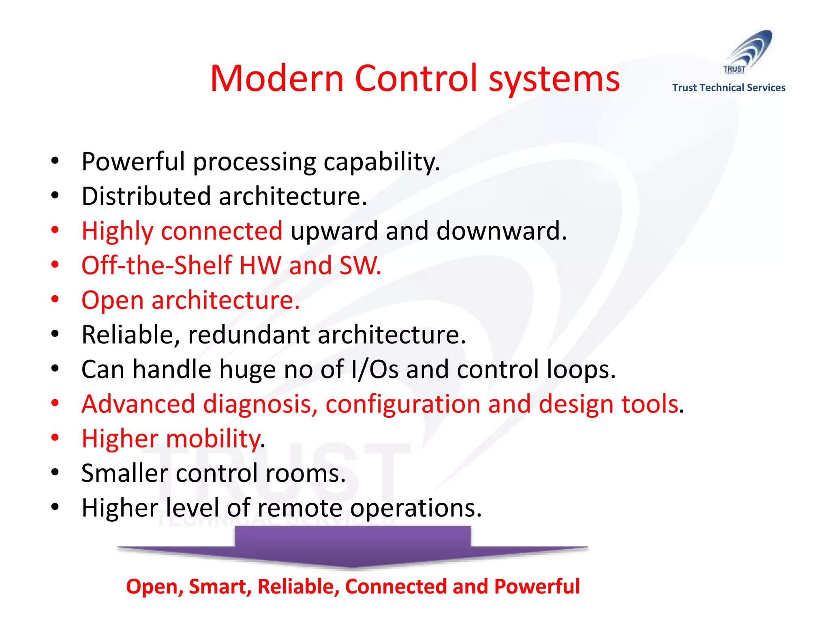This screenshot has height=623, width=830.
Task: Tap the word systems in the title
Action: point(554,79)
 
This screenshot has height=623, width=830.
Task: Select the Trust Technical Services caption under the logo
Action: point(729,88)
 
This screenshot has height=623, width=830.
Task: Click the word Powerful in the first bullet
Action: point(133,161)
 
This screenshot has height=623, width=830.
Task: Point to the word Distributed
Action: point(146,196)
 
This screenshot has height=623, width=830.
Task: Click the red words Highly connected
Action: point(182,231)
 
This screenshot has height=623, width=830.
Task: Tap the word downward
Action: point(501,231)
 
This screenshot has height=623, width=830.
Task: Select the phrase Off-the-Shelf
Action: point(156,266)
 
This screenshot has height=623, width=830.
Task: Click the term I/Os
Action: point(375,370)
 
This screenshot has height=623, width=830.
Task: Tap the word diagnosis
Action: point(260,404)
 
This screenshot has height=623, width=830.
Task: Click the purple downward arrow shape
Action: point(353,548)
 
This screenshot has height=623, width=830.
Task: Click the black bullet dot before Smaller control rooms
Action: point(55,472)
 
